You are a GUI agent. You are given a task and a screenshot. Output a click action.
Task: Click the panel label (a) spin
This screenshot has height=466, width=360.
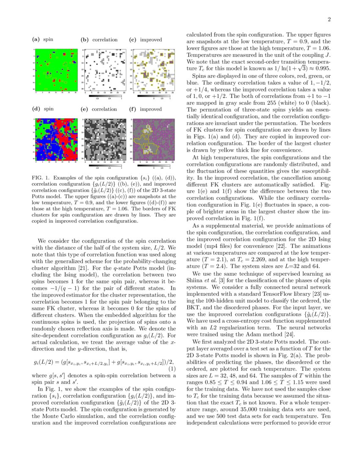point(43,40)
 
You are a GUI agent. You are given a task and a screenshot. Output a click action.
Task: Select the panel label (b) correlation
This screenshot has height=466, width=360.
point(99,40)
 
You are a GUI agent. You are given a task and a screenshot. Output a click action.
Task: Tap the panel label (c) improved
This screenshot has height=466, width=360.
point(145,40)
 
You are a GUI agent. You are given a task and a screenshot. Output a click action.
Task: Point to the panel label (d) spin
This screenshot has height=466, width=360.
point(43,109)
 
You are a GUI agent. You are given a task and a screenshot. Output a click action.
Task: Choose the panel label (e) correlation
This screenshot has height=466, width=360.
point(99,109)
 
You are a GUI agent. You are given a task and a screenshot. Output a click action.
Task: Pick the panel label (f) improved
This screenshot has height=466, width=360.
point(145,109)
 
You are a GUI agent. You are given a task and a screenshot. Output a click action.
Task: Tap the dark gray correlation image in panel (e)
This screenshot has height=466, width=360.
point(104,139)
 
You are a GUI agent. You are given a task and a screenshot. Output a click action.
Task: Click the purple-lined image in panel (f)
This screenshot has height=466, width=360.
point(152,139)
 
